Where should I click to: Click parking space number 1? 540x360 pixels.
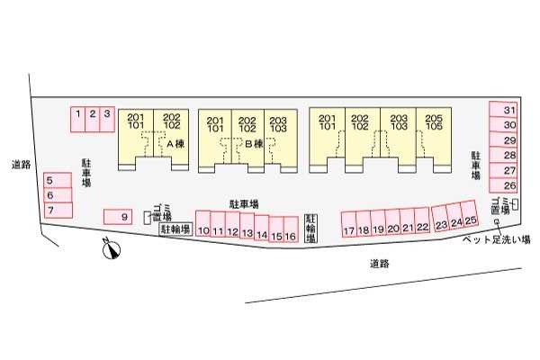pos(79,114)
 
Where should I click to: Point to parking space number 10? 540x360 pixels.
pos(203,228)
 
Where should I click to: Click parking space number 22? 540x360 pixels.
pos(423,225)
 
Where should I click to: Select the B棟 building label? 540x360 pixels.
pos(253,144)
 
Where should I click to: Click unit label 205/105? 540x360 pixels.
pos(434,121)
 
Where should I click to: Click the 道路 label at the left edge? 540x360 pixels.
pos(21,164)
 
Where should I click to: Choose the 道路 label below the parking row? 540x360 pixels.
pos(379,263)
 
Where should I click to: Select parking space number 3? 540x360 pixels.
pos(107,114)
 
